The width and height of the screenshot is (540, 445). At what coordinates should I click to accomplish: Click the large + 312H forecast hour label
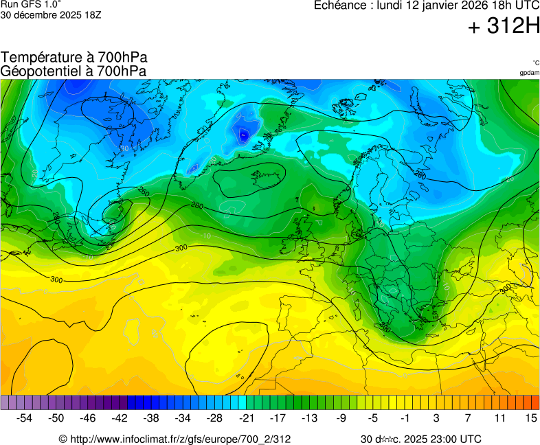[x=503, y=27]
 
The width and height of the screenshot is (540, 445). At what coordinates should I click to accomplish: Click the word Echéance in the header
[x=339, y=5]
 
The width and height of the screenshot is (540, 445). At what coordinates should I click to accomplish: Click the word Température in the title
[x=41, y=58]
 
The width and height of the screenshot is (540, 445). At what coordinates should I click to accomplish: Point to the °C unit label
[x=535, y=63]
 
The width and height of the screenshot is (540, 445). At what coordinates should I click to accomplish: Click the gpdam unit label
[x=529, y=72]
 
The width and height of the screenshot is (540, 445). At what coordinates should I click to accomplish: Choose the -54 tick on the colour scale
[x=25, y=418]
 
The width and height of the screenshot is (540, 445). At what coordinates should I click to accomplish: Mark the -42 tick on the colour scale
[x=120, y=418]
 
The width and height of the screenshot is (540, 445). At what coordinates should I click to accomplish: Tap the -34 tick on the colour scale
[x=183, y=418]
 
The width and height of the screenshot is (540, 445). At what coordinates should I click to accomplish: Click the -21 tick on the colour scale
[x=246, y=418]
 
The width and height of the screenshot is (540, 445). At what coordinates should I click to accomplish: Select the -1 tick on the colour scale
[x=405, y=418]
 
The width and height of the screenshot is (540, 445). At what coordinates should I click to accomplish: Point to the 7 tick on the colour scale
[x=467, y=418]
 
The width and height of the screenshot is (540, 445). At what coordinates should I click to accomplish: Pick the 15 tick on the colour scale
[x=530, y=418]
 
